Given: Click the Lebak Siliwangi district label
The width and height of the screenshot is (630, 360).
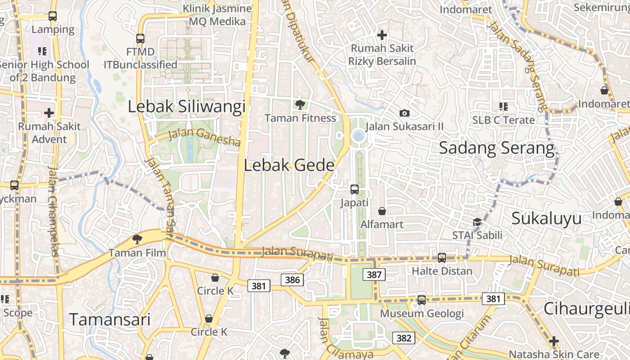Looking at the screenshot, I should (187, 107).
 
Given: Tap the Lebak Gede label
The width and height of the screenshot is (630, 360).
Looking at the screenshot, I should (289, 165).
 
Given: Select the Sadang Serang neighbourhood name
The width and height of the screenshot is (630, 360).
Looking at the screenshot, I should (497, 148).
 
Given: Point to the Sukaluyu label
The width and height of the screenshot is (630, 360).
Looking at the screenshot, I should (546, 218).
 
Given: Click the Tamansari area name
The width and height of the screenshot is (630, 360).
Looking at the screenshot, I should (110, 319).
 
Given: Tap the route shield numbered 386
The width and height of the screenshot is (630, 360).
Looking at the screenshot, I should (292, 280).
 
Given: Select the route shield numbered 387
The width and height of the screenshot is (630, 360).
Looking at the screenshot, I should (374, 274).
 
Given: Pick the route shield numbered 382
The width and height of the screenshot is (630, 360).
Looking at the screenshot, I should (404, 338).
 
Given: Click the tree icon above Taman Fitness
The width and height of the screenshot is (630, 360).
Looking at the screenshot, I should (300, 105).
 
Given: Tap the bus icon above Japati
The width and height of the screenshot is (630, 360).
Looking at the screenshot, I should (355, 189).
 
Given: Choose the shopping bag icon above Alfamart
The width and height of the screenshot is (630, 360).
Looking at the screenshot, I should (382, 211).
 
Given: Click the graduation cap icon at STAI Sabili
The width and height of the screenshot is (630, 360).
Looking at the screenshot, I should (477, 221).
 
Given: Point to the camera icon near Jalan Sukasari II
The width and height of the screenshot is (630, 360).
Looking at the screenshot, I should (405, 113).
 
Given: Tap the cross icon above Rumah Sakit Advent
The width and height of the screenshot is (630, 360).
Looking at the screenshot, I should (49, 112).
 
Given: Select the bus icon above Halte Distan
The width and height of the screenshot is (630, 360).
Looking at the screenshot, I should (442, 257).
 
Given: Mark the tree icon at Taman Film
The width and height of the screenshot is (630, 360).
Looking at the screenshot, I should (137, 239).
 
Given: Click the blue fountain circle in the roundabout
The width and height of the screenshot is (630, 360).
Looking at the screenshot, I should (358, 135).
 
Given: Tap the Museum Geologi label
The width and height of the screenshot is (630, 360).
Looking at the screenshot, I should (422, 313).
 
